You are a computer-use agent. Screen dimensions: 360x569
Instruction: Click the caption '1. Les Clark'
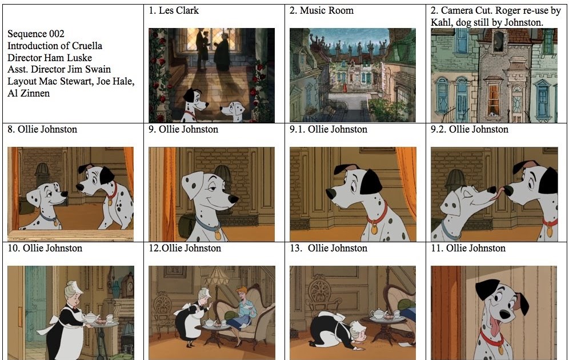(x=174, y=11)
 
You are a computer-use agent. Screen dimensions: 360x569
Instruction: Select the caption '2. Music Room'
(x=321, y=11)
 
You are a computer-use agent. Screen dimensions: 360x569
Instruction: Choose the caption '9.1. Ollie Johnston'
(x=328, y=130)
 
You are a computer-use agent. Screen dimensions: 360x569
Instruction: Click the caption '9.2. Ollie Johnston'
(x=469, y=130)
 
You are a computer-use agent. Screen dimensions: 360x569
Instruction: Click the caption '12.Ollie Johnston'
(x=185, y=248)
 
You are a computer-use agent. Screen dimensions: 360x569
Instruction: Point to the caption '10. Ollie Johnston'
(x=45, y=248)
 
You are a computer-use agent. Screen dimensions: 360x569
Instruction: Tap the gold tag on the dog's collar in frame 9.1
(x=374, y=229)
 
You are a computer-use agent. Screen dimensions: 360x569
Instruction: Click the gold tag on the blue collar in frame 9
(x=217, y=234)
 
